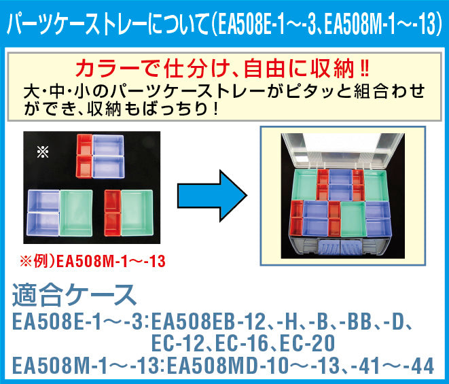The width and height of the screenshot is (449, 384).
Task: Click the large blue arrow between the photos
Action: tap(212, 196)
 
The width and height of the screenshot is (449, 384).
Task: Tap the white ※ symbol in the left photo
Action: tap(43, 152)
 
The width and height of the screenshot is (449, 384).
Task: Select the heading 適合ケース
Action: tap(74, 294)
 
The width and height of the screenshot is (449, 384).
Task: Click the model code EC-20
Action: tap(307, 343)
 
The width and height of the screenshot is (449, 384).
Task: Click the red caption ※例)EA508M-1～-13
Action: tap(92, 261)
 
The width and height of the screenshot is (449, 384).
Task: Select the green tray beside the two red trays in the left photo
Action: tap(137, 212)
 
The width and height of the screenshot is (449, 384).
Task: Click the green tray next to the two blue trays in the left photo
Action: tap(76, 213)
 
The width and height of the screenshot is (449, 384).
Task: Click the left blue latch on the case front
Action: tap(329, 247)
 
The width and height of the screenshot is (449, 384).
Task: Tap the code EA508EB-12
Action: tap(208, 321)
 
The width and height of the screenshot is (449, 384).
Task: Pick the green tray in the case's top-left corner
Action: tap(305, 184)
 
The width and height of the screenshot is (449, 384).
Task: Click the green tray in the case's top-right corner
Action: tap(376, 185)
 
